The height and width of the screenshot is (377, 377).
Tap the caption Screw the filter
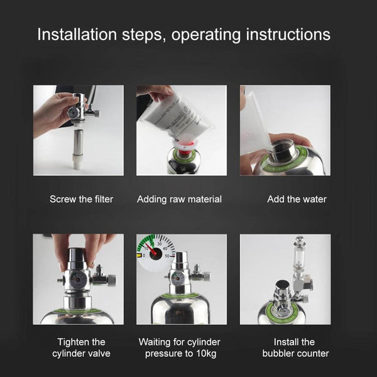coord(82,199)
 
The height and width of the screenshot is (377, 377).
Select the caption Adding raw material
coord(179,199)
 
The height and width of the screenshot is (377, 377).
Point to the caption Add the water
coord(297,199)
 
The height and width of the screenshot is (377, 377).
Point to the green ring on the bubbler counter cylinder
coord(283,306)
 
